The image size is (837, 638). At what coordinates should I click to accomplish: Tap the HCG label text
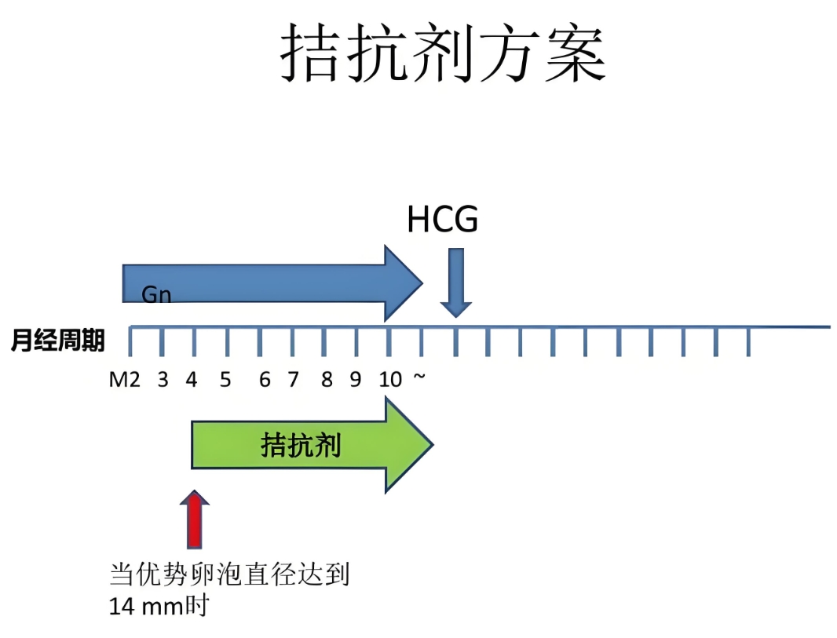tap(442, 221)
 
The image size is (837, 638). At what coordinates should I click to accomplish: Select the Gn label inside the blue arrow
tap(156, 294)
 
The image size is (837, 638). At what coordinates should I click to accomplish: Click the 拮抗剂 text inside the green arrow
tap(301, 446)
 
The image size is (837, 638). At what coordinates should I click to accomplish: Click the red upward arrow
tap(194, 519)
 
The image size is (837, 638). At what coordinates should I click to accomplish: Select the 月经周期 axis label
tap(57, 341)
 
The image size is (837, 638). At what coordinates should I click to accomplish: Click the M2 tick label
tap(124, 381)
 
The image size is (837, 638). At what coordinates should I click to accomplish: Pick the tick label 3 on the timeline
tap(163, 381)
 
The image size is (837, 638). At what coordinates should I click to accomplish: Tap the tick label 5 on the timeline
tap(225, 381)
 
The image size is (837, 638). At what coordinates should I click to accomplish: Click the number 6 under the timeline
tap(265, 381)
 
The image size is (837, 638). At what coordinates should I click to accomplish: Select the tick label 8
tap(326, 381)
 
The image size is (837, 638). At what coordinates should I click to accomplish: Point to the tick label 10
tap(390, 381)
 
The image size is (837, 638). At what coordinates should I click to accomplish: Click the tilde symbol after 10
tap(420, 379)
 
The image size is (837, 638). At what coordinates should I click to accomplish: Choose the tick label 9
tap(356, 381)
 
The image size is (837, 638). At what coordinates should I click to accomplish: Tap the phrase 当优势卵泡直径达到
tap(228, 575)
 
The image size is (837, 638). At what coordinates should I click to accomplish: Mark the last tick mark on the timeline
tap(748, 341)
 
